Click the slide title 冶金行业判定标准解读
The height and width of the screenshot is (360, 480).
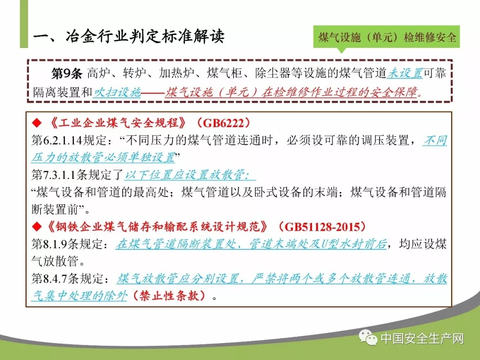[x=145, y=36]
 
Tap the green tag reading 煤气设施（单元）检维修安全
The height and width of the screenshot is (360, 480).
[x=387, y=37]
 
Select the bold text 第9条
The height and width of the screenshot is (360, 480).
[x=67, y=73]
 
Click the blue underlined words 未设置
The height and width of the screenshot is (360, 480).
[x=405, y=73]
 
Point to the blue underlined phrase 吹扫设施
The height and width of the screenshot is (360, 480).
[x=117, y=92]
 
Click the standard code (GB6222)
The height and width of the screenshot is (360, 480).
[x=223, y=123]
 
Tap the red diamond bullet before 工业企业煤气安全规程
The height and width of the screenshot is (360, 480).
[x=37, y=123]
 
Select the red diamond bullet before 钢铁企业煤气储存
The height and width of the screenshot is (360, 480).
[x=37, y=227]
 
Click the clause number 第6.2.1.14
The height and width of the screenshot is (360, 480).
[x=57, y=140]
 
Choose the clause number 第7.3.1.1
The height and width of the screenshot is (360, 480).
[x=54, y=175]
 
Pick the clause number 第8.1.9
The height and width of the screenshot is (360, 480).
[x=49, y=244]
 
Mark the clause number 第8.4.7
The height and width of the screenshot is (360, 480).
[x=49, y=279]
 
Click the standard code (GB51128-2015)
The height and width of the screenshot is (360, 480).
[x=321, y=227]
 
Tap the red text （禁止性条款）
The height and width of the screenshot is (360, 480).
[x=169, y=296]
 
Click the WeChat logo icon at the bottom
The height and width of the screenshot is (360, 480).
[x=368, y=338]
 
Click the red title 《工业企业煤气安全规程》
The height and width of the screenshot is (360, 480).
[x=118, y=123]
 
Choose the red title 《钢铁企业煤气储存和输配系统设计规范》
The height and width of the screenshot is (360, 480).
[x=157, y=227]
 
